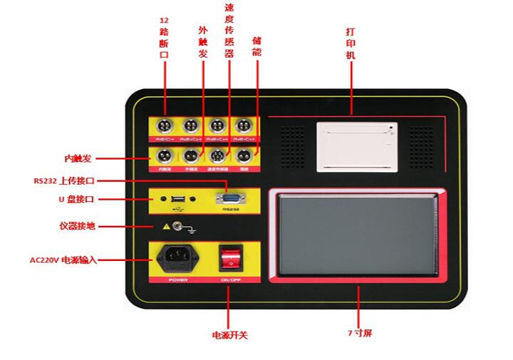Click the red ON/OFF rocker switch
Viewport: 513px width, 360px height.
pos(229,258)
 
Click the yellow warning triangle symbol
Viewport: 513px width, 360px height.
pos(167,227)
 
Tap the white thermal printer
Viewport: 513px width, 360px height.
pos(357,145)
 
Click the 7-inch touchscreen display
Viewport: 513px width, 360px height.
pos(358,235)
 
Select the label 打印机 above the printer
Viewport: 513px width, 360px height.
pos(350,43)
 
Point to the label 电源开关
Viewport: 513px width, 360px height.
pos(229,334)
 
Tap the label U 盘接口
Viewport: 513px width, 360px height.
pos(76,200)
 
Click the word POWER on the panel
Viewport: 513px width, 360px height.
pos(177,281)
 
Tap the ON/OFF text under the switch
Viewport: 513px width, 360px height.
pos(229,281)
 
